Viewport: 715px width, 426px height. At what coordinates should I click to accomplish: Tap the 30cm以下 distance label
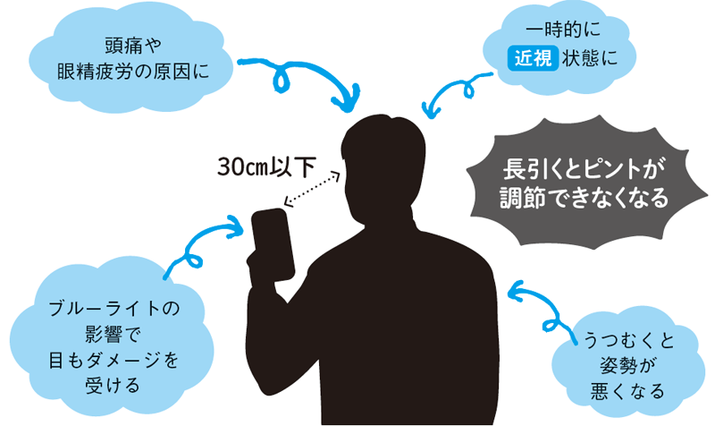pyautogui.click(x=265, y=166)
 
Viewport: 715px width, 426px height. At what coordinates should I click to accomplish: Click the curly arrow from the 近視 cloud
pyautogui.click(x=448, y=95)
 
